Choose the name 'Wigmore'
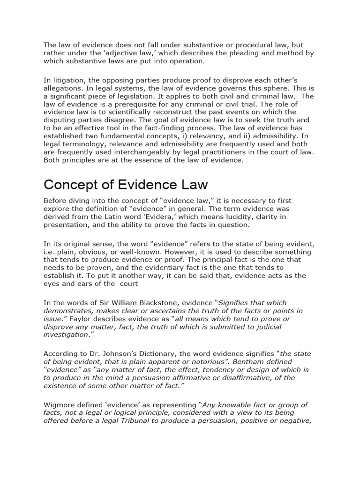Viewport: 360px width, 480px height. click(60, 405)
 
